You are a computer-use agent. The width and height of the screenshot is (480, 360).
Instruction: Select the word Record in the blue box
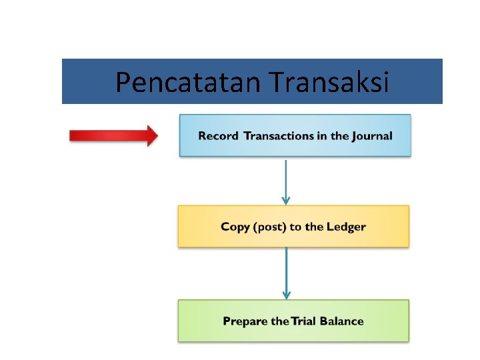(218, 136)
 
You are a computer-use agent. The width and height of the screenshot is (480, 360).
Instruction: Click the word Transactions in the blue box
(277, 136)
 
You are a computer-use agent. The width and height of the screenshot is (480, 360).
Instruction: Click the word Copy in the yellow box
(235, 227)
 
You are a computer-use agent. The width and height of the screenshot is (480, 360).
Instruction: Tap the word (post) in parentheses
(269, 227)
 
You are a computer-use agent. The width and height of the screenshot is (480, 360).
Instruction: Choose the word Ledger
(345, 227)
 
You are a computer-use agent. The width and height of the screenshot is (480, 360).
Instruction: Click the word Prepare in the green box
(245, 321)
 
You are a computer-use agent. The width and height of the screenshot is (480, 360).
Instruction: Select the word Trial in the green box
(303, 321)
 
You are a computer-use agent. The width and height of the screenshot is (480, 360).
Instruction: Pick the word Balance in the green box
(342, 321)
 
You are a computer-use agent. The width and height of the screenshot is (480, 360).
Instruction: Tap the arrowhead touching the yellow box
(286, 200)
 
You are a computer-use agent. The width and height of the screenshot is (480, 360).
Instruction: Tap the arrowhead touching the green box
(286, 295)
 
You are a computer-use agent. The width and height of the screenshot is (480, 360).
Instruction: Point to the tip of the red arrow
(157, 136)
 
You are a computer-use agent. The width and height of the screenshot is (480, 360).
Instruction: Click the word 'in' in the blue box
(321, 136)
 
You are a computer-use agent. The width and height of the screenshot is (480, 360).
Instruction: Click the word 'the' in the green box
(280, 321)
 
